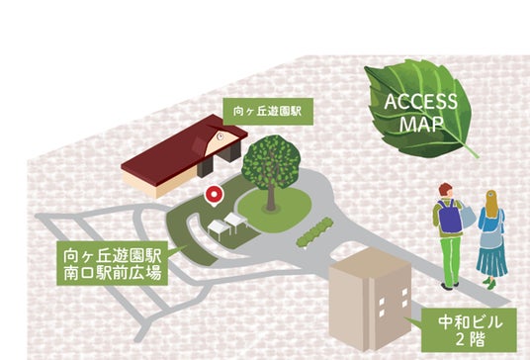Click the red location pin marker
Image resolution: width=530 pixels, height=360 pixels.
tap(214, 195)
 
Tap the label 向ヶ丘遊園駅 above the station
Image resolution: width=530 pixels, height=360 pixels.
tap(268, 111)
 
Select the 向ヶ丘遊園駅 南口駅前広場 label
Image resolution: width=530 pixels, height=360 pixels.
tap(112, 263)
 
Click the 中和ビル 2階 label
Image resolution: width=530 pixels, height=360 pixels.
tap(469, 330)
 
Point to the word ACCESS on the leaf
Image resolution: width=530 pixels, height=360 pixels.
tap(420, 102)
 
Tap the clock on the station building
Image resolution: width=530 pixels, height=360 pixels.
tap(221, 136)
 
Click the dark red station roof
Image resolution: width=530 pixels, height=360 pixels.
tap(184, 148)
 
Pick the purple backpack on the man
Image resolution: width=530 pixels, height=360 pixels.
tap(450, 217)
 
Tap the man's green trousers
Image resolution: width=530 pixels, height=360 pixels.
tap(451, 261)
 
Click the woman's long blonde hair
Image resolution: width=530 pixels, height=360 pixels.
tap(491, 204)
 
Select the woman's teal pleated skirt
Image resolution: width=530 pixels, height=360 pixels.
tap(491, 256)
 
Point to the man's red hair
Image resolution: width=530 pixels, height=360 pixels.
tap(445, 189)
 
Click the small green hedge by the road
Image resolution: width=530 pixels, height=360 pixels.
tap(314, 231)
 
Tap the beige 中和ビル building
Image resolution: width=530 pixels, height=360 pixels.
tap(371, 300)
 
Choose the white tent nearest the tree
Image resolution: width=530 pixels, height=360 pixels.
tap(236, 222)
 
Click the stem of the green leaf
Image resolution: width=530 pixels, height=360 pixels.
tap(471, 150)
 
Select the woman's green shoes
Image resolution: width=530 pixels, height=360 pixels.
tap(489, 283)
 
